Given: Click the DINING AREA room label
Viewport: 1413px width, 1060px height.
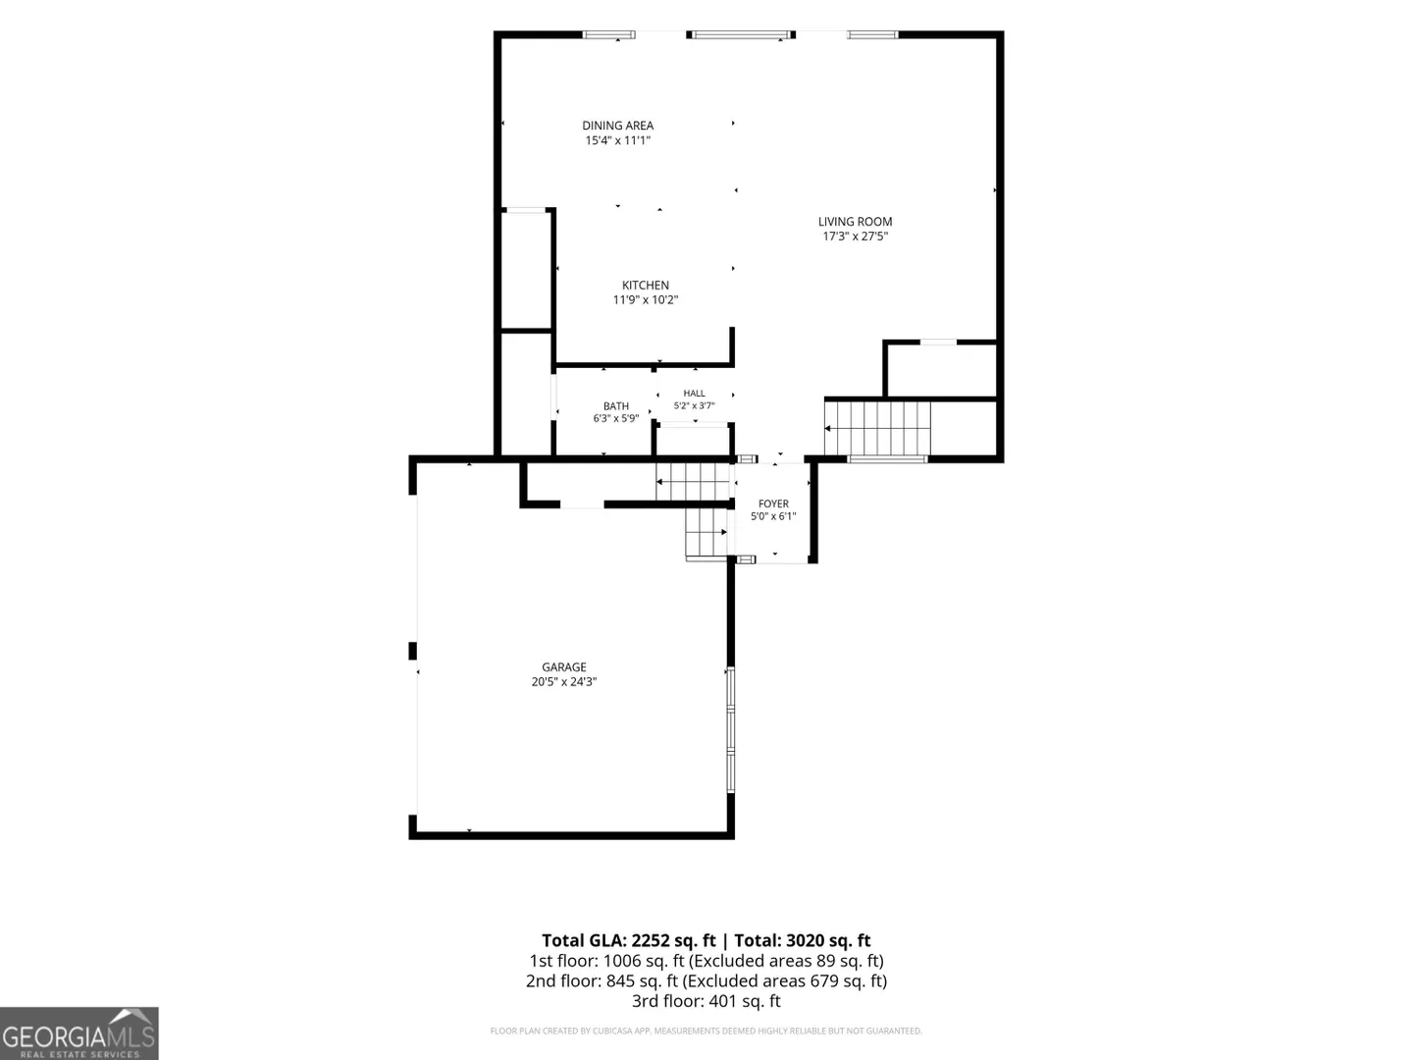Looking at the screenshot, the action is point(617,126).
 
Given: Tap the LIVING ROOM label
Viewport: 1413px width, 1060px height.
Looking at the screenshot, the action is point(855,222).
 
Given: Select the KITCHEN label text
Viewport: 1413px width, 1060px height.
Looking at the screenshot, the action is point(645,285).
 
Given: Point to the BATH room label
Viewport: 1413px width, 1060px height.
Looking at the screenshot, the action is point(616,406).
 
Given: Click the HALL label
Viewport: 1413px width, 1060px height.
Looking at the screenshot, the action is point(694,394).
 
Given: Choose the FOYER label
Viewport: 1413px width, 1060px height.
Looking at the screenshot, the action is point(773,503).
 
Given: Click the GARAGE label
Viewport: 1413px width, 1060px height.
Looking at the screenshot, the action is point(564,667).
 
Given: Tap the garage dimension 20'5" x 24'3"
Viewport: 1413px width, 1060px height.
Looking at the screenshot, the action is point(564,681).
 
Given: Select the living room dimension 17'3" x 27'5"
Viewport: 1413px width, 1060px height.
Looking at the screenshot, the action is point(855,237).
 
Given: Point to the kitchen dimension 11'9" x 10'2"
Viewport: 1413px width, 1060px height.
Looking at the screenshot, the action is point(645,300).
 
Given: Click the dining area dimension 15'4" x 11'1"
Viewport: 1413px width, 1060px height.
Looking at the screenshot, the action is point(617,140).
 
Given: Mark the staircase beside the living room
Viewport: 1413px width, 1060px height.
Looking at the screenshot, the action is point(877,428).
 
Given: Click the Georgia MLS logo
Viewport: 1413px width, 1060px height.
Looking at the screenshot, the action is point(79,1033).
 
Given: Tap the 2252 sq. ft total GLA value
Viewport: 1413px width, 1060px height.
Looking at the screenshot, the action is point(673,941).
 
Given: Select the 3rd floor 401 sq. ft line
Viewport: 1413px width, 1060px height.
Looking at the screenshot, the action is point(706,1001).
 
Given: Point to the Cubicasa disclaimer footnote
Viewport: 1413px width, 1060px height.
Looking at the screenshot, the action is point(706,1031).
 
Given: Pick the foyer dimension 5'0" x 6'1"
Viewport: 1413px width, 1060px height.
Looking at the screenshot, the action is point(773,516).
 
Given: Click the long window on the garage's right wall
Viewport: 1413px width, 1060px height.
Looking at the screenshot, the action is point(731,730).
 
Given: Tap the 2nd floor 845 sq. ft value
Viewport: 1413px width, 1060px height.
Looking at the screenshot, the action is point(642,980).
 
